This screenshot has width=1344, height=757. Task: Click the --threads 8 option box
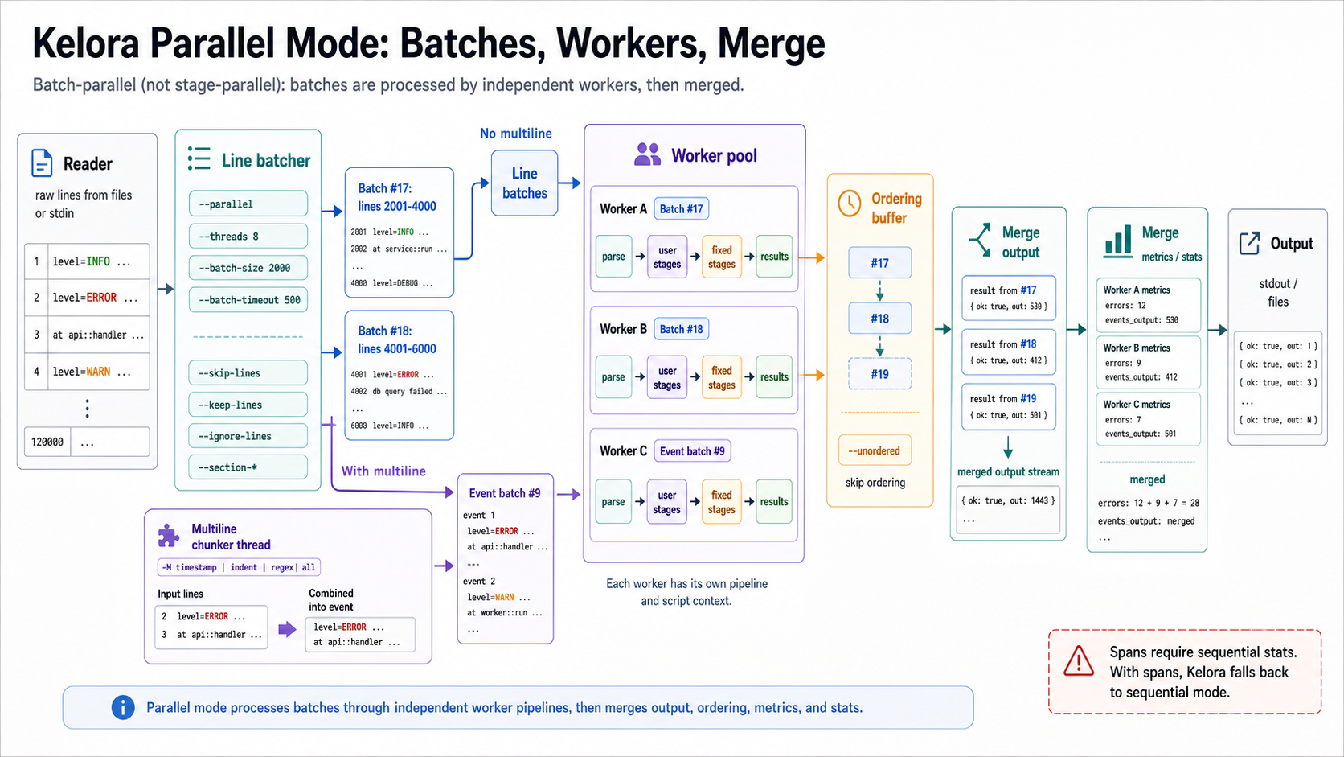tap(248, 236)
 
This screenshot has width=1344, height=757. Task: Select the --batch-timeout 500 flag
tap(248, 299)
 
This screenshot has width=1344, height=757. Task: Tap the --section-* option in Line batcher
tap(248, 467)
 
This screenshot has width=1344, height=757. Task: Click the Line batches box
tap(524, 183)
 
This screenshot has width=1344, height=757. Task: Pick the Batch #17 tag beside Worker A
tap(681, 209)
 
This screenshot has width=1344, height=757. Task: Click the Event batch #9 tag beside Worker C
tap(692, 450)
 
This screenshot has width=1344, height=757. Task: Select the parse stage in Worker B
tap(613, 377)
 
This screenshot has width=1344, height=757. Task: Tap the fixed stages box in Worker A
tap(722, 257)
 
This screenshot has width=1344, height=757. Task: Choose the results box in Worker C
tap(774, 501)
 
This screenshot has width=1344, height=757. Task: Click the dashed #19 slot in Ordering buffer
tap(879, 374)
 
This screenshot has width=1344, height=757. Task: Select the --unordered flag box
tap(875, 450)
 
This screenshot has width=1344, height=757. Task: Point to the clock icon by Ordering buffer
tap(850, 204)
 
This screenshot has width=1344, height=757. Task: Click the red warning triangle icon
tap(1079, 661)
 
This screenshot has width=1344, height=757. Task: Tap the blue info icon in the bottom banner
tap(123, 707)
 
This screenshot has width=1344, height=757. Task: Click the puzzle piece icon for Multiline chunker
tap(169, 536)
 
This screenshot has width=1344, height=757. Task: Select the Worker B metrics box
tap(1149, 362)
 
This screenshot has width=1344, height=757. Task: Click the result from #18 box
tap(1009, 352)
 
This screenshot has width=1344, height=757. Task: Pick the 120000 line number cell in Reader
tap(47, 442)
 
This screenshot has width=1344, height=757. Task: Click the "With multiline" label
tap(383, 471)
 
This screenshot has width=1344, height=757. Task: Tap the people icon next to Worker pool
tap(647, 155)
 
